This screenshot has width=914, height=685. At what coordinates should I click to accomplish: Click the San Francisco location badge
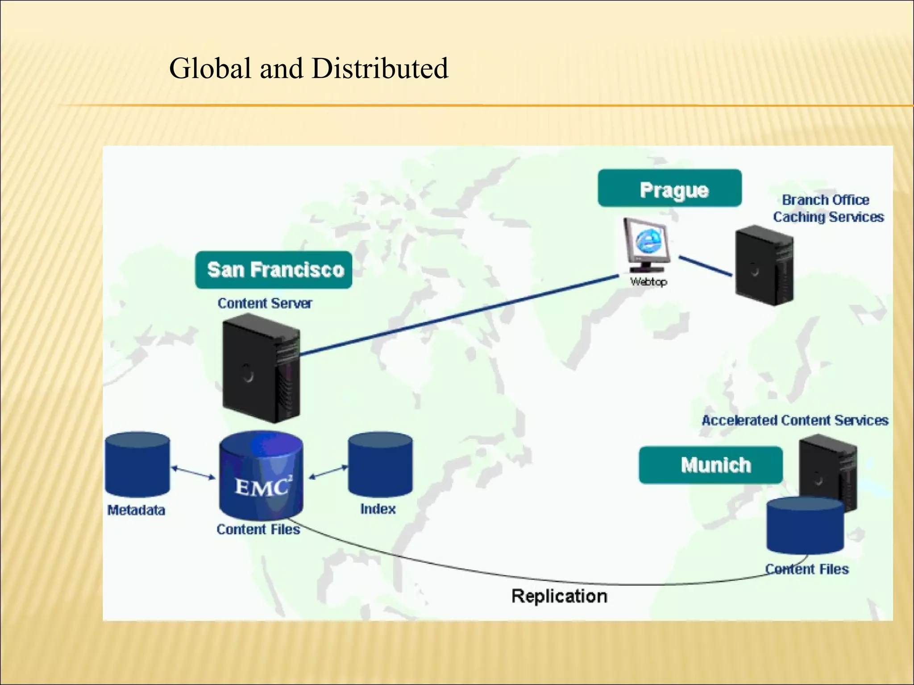click(274, 270)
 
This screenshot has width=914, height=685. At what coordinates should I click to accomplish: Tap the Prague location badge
click(669, 189)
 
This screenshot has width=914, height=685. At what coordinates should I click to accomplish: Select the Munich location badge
click(710, 465)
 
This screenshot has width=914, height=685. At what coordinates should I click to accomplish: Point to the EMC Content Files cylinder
click(261, 476)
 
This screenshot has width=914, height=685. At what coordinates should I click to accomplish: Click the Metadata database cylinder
click(137, 464)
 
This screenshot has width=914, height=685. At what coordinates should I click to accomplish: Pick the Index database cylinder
click(380, 465)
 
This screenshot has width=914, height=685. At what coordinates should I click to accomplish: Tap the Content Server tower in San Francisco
click(261, 368)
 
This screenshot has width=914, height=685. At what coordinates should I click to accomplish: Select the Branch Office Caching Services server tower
click(764, 266)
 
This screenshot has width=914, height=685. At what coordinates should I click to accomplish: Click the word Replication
click(559, 596)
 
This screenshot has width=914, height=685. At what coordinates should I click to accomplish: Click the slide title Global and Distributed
click(308, 69)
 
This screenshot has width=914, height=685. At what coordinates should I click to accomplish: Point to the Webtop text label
click(648, 282)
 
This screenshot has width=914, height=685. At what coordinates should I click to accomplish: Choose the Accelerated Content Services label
click(795, 420)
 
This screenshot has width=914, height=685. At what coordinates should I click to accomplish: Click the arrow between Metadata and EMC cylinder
click(193, 473)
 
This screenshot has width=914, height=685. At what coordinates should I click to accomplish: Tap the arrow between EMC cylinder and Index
click(328, 472)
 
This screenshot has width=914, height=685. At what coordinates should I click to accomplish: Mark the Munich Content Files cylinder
click(805, 526)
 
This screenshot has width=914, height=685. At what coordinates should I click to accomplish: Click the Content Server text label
click(265, 303)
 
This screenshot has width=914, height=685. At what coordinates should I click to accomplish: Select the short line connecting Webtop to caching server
click(705, 266)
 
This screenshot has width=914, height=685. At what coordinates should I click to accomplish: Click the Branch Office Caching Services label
click(828, 208)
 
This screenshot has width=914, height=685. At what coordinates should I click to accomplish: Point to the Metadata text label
click(136, 510)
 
